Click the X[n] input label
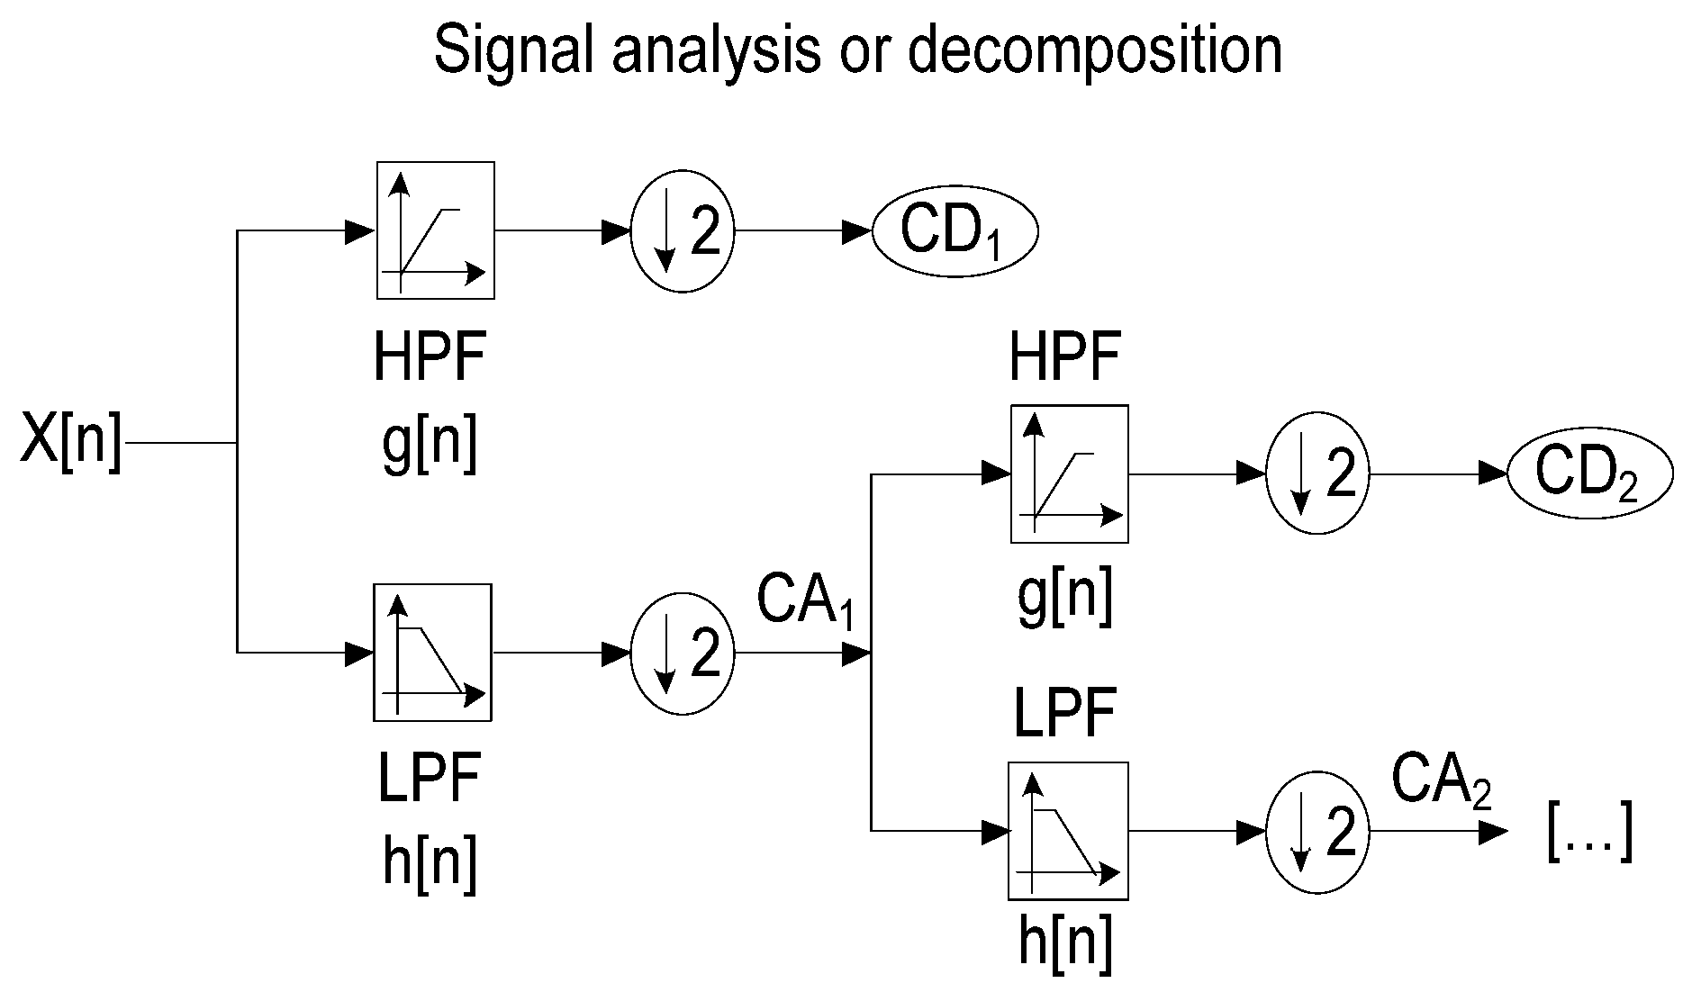coord(70,442)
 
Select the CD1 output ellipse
coord(955,231)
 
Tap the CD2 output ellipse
coord(1589,473)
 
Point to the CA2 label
coord(1441,780)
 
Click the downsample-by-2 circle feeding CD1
coord(683,231)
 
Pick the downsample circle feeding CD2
coord(1317,473)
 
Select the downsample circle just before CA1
coord(683,653)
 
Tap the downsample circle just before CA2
coord(1317,831)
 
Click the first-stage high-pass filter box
coord(435,230)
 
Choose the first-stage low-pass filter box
coord(432,653)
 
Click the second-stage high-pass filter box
coord(1069,473)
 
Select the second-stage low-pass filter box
coord(1068,831)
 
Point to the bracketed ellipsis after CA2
coord(1589,833)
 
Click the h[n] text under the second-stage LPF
coord(1065,943)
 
